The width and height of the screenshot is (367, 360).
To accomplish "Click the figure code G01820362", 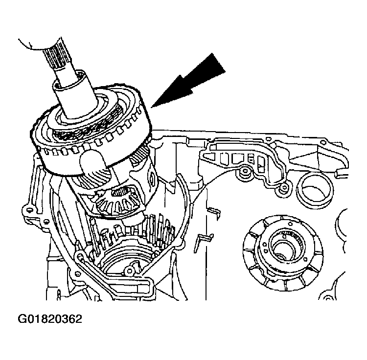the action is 50,319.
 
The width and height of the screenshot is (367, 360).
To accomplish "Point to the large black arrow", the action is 189,82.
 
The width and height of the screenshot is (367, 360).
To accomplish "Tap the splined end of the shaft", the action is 54,56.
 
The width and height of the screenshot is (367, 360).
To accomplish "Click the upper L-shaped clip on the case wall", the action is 215,212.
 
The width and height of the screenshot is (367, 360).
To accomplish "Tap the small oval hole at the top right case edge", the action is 323,142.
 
